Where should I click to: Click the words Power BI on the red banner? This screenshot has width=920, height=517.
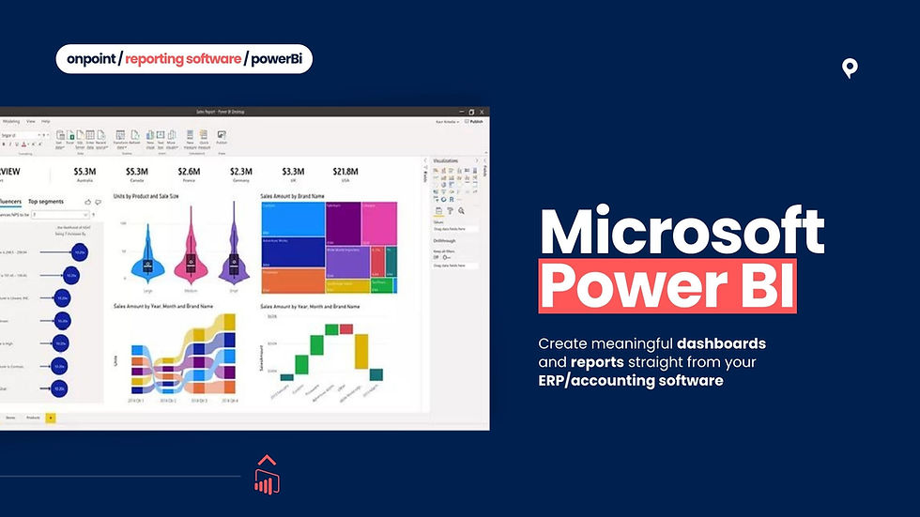667,286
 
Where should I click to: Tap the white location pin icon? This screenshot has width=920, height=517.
850,68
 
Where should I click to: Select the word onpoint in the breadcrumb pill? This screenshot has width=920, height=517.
91,59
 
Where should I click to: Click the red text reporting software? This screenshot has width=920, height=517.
182,59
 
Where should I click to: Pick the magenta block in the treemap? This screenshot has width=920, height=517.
379,223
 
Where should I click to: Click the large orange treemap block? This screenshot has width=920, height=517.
291,281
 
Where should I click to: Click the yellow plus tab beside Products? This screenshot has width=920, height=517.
51,417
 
